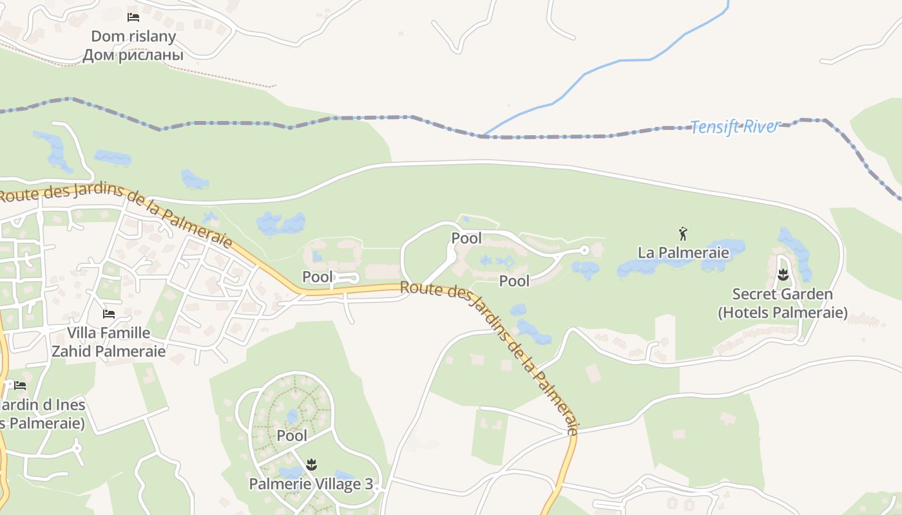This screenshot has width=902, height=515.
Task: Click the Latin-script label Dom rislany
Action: (133, 36)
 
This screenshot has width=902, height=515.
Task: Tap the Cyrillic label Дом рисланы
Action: (133, 55)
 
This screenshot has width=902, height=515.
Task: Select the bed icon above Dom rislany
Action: (133, 17)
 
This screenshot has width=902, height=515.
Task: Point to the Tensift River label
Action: (735, 127)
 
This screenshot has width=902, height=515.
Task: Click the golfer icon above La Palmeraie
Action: (684, 234)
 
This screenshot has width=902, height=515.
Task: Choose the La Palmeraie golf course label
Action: (684, 252)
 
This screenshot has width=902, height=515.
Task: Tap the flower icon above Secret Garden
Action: (783, 276)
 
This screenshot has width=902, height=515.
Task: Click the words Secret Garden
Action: (782, 295)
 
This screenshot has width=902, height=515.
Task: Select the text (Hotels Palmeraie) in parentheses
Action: (783, 314)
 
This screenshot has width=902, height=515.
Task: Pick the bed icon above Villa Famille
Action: (109, 314)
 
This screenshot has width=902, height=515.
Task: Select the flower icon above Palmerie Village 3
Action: (312, 464)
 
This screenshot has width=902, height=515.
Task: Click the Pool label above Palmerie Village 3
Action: (292, 436)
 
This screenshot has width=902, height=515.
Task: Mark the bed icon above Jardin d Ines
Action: (20, 386)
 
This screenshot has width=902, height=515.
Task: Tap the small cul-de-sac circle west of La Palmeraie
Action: (584, 250)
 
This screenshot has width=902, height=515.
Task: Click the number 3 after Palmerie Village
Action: (369, 484)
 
